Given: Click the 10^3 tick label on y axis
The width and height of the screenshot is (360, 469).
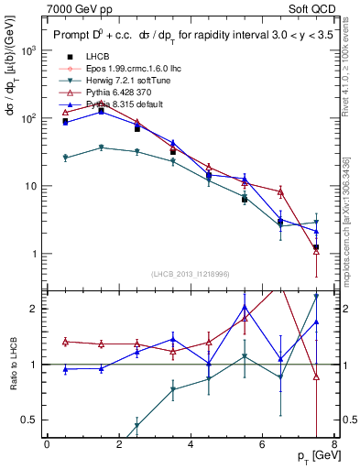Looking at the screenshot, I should (29, 51).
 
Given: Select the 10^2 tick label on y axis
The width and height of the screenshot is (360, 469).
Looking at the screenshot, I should (29, 119).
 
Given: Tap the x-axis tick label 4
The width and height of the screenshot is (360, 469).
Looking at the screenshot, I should (191, 446).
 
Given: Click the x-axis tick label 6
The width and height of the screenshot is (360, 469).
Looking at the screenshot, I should (262, 446).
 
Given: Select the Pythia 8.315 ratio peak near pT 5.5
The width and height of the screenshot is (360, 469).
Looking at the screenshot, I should (245, 306).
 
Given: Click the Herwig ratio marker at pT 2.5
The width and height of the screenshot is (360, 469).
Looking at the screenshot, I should (136, 426).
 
